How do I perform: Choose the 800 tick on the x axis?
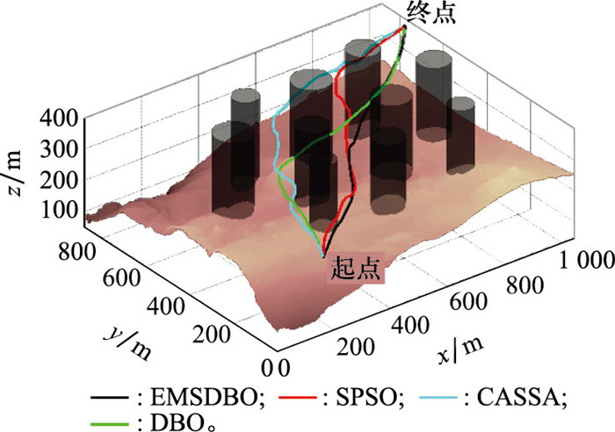click(525, 284)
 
